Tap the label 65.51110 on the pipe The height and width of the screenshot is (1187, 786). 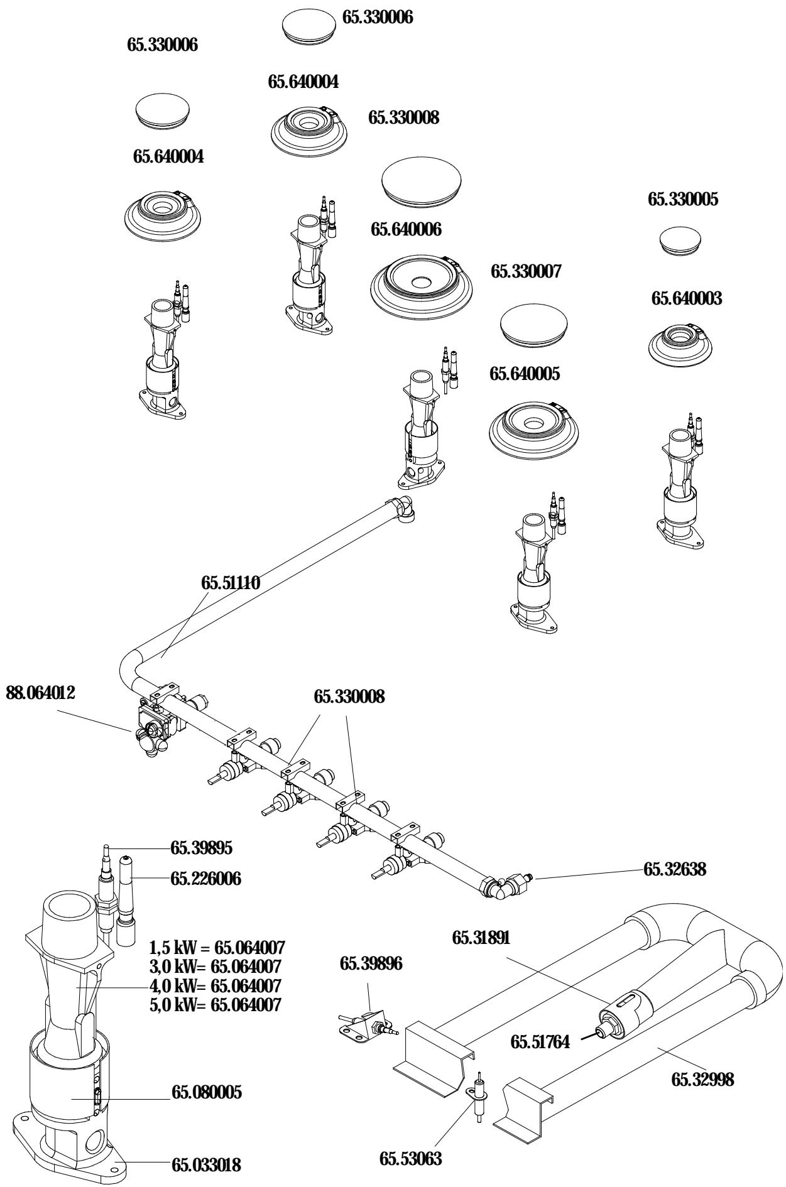pos(231,583)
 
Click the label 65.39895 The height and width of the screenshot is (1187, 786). pos(201,848)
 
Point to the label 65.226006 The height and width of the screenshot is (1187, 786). pos(205,878)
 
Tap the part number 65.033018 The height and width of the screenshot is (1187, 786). pos(206,1149)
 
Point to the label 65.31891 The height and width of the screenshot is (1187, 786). pos(482,938)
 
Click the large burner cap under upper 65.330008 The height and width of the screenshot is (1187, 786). pos(422,180)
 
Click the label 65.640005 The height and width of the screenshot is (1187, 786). pos(525,374)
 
